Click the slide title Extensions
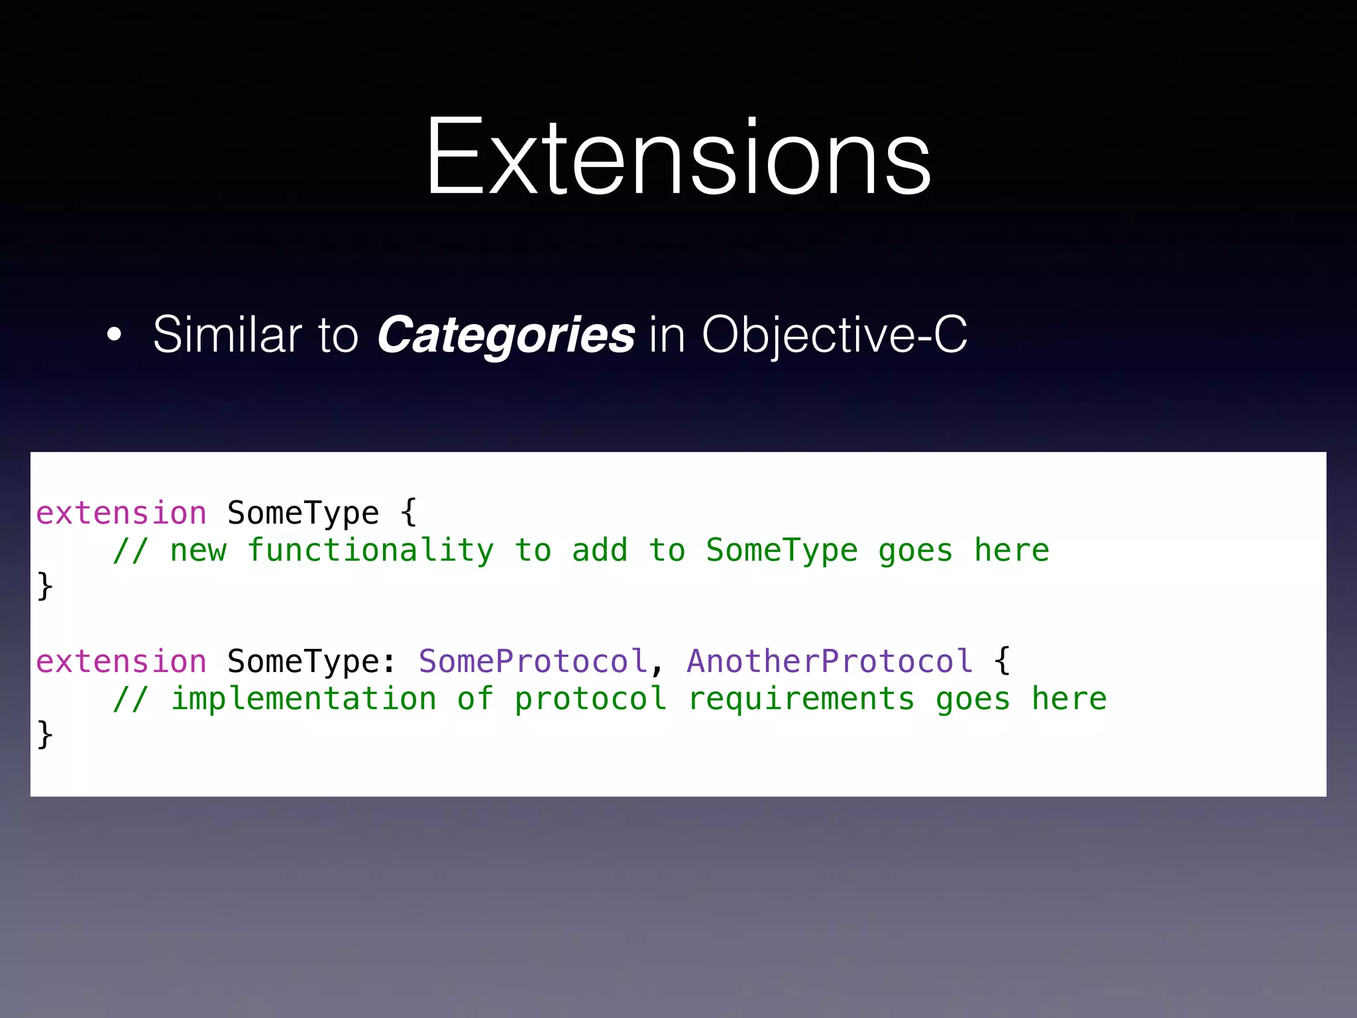[678, 158]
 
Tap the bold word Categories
[506, 335]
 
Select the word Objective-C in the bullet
[834, 335]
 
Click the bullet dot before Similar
[115, 335]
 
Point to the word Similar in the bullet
[227, 334]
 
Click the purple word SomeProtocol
[533, 661]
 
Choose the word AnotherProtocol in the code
[830, 661]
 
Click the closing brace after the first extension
[45, 586]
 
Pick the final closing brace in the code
[45, 734]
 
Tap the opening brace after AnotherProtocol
[1003, 661]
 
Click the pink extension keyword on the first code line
[121, 514]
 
